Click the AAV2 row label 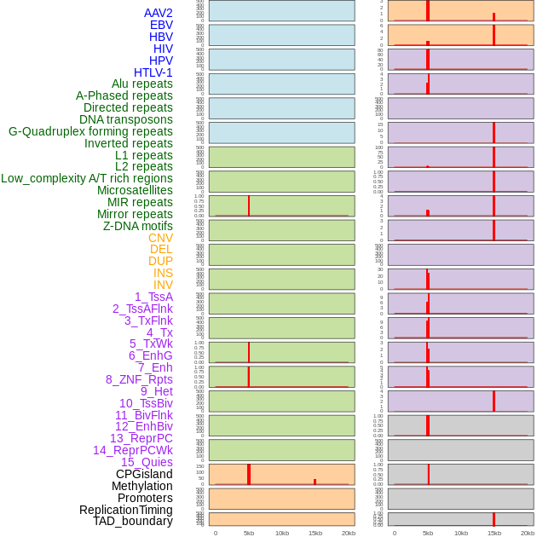[158, 13]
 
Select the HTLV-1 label [153, 72]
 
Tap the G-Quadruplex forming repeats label [90, 131]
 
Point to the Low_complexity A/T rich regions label [87, 178]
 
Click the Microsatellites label [135, 190]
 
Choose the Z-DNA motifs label [138, 226]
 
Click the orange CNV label [160, 238]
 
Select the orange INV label [163, 285]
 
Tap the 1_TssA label [153, 297]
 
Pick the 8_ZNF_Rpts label [139, 379]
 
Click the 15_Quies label [147, 462]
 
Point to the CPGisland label [144, 474]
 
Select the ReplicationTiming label [126, 510]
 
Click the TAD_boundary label [133, 521]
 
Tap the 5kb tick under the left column [249, 533]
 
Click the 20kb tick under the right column [528, 533]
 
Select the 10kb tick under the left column [282, 533]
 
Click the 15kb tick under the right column [494, 533]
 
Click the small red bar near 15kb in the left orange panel [315, 482]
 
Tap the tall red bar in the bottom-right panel [494, 519]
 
